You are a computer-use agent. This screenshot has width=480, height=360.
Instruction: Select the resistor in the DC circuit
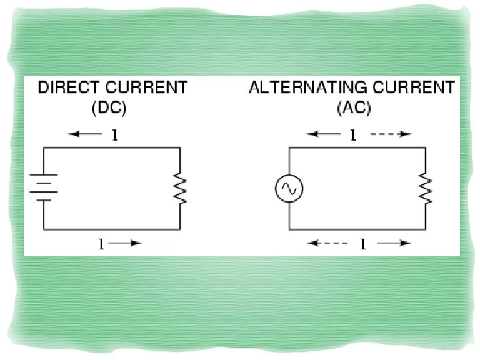coord(180,189)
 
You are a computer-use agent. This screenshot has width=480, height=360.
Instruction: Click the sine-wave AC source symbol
coord(289,190)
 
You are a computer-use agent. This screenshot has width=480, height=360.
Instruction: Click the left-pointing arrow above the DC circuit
coord(83,135)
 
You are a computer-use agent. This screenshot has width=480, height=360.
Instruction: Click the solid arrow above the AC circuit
coord(325,135)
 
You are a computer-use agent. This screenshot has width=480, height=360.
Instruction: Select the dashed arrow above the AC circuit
coord(391,135)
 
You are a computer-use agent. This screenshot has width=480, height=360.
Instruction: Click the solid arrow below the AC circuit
coord(393,244)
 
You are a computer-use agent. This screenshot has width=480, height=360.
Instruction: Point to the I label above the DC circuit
coord(114,135)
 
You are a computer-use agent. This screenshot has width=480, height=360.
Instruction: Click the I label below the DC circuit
coord(101,244)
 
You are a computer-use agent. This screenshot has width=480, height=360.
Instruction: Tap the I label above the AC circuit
coord(354,135)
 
